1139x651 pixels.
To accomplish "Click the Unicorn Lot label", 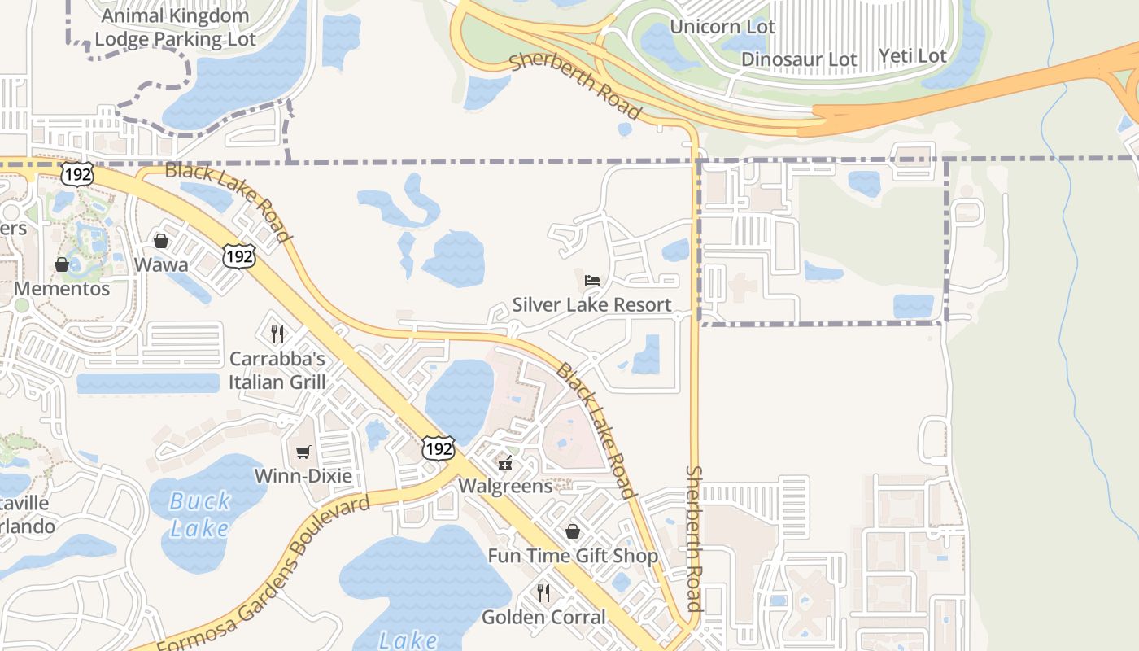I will point(722,27).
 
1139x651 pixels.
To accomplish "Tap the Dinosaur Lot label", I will point(799,59).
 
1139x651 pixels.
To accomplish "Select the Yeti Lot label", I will point(913,56).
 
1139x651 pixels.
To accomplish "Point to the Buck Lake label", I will point(200,515).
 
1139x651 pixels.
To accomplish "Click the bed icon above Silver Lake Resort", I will point(592,281).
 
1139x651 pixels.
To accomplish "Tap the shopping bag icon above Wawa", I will point(161,241).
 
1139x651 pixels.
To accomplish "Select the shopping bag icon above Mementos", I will point(62,264).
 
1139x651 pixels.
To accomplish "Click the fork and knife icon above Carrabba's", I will point(277,334).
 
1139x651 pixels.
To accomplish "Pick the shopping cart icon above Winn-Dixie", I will point(303,452).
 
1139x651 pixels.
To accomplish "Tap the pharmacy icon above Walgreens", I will point(505,463).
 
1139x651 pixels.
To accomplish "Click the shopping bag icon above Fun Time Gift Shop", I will point(573,531).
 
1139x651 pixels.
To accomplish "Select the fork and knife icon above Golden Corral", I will point(543,592).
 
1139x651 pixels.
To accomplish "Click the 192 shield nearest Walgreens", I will point(438,448).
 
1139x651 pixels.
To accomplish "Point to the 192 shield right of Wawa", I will point(239,256).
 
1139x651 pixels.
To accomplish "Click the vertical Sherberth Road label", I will point(694,538).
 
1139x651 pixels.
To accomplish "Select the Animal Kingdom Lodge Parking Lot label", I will point(175,27).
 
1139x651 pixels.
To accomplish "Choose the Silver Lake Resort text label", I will point(592,305).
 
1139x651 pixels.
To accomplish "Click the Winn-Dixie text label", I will point(303,475).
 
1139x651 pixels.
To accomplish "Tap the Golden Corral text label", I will point(543,617).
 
